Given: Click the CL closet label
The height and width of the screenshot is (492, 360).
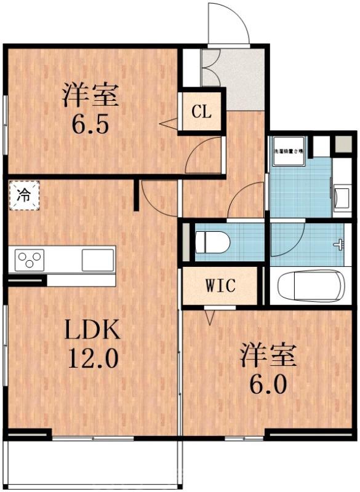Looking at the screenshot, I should click(201, 112).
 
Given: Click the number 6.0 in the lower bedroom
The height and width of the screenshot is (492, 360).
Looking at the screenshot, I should click(267, 384).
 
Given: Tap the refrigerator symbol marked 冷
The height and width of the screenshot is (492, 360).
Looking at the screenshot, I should click(23, 196).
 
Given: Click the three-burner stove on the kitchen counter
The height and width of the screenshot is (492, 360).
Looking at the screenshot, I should click(28, 259).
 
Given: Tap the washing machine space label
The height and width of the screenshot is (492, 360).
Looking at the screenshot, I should click(289, 150).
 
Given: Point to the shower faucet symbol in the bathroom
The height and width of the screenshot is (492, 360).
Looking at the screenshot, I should click(338, 244).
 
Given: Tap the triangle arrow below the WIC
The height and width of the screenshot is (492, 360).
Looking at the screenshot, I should click(210, 317).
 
